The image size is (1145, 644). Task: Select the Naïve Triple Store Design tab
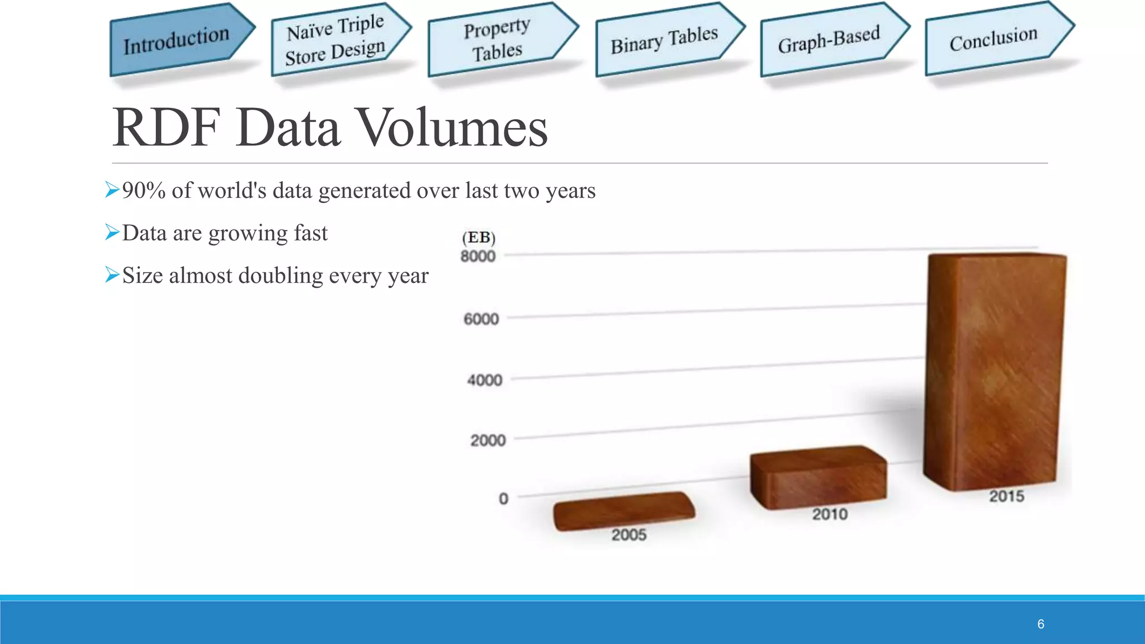coord(336,40)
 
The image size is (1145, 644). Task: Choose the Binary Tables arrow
coord(664,40)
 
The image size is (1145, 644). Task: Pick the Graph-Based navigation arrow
coord(829,40)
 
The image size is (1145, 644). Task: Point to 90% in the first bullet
coord(144,191)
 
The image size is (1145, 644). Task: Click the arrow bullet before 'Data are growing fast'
coord(112,231)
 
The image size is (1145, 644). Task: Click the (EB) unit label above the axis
coord(479,238)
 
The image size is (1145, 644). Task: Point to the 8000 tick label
coord(478,256)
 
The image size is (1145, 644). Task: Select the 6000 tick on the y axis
coord(481,319)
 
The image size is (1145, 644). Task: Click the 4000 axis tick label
coord(485,380)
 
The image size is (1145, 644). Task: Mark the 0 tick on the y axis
coord(503,498)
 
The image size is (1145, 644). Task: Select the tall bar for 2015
coord(995,372)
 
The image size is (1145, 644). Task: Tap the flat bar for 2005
coord(624,510)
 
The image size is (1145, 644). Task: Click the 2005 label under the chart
coord(629,535)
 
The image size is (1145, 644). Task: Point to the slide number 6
coord(1040,624)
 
